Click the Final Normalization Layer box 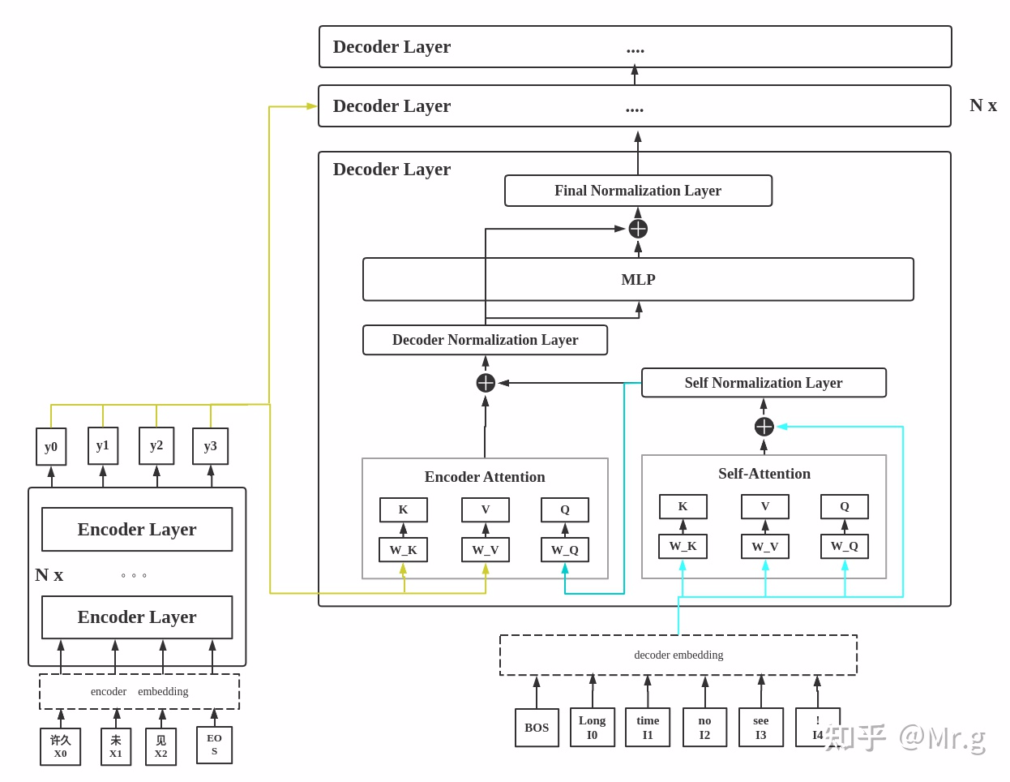[x=638, y=190]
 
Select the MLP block [x=638, y=279]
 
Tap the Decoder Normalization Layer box [x=485, y=339]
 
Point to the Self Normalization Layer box [x=764, y=382]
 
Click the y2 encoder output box [x=156, y=445]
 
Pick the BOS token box [x=537, y=727]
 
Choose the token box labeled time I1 [x=648, y=727]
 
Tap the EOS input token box [x=214, y=745]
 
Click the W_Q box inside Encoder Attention [x=565, y=549]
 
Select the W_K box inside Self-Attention [x=683, y=546]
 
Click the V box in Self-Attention [x=764, y=506]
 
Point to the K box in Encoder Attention [x=403, y=509]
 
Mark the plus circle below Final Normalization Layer [x=638, y=229]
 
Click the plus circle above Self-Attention [x=764, y=427]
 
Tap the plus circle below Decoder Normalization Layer [x=486, y=383]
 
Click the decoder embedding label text [x=678, y=655]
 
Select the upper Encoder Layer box [x=137, y=529]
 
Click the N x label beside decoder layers [x=982, y=105]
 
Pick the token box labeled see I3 [x=760, y=727]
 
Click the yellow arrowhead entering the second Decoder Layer [x=311, y=106]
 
